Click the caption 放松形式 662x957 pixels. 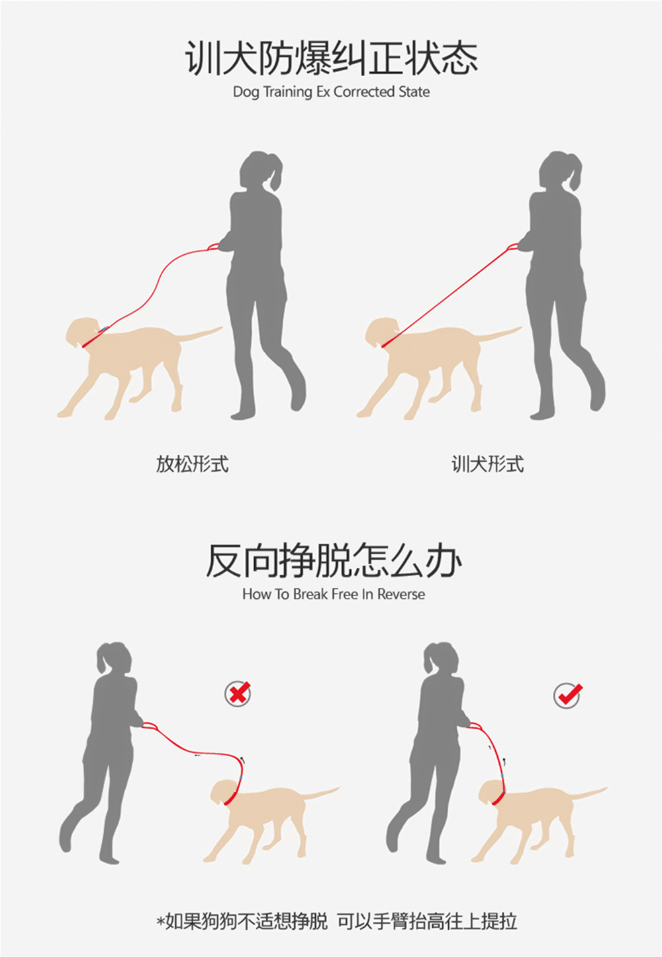192,464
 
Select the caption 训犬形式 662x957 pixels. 488,464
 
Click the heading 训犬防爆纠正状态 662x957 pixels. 332,58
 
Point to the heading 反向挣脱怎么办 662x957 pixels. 334,560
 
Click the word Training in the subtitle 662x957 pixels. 287,92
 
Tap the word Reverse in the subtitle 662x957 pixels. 401,594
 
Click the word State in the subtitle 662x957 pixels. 414,91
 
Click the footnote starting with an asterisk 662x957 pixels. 336,921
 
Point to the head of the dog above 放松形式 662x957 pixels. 83,330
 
